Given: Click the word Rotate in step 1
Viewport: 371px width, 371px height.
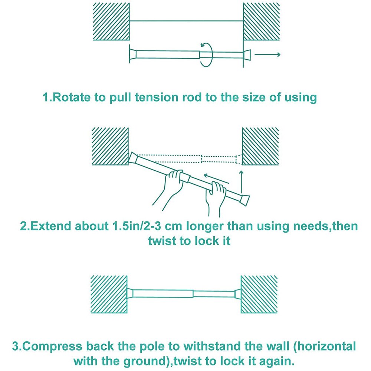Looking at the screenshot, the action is [x=71, y=97].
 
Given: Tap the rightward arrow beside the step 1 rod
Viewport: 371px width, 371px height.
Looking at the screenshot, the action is [x=267, y=55].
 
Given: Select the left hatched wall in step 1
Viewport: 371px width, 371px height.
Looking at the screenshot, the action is [x=111, y=22].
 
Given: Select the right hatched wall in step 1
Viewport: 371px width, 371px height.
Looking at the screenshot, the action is [x=262, y=22].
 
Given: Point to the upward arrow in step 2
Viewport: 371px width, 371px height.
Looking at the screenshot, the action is [x=242, y=182].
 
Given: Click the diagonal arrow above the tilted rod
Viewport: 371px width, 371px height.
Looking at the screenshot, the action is [x=217, y=179].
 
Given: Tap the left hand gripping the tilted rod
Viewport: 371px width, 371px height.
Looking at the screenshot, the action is [x=171, y=189].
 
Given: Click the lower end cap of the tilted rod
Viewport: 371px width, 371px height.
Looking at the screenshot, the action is [x=244, y=200].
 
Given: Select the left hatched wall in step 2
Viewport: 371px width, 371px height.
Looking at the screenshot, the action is [x=110, y=146].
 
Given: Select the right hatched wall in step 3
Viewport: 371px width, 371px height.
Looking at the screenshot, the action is [x=259, y=294].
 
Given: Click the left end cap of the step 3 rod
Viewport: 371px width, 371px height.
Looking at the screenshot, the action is [x=130, y=293].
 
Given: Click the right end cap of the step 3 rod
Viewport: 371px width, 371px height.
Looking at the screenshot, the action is [x=237, y=293].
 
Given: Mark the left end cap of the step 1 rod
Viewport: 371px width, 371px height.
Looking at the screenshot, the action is [x=133, y=54].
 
